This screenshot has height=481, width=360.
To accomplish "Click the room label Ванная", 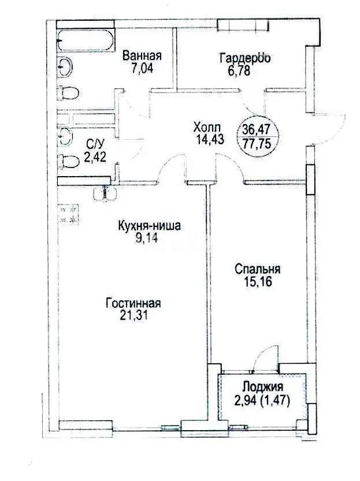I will pos(142,56).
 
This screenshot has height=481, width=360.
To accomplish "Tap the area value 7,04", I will pos(142,68).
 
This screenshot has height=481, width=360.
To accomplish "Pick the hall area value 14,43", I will pos(207,139).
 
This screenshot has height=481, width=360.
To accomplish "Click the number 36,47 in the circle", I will pos(258,129).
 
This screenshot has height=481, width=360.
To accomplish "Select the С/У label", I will pos(94,144).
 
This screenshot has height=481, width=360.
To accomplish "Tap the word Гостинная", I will pos(132,303).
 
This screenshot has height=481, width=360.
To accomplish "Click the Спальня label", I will pos(257,269).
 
